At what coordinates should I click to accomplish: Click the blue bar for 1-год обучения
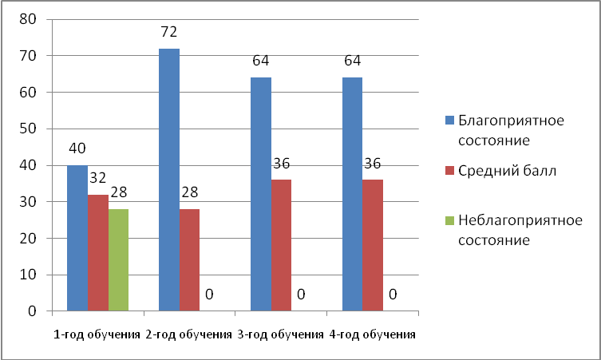(77, 238)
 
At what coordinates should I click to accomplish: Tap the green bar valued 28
(118, 259)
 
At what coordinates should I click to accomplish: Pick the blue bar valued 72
(169, 180)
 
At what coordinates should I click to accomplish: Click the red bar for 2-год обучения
(189, 259)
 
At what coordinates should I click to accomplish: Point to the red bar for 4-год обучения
(373, 245)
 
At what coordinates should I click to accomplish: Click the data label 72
(168, 33)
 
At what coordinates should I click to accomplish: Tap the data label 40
(77, 149)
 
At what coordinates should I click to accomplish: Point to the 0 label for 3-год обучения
(301, 295)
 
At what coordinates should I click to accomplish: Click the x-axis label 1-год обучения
(97, 334)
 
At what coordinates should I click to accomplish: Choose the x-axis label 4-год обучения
(373, 334)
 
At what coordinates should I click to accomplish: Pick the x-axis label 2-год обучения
(189, 334)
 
